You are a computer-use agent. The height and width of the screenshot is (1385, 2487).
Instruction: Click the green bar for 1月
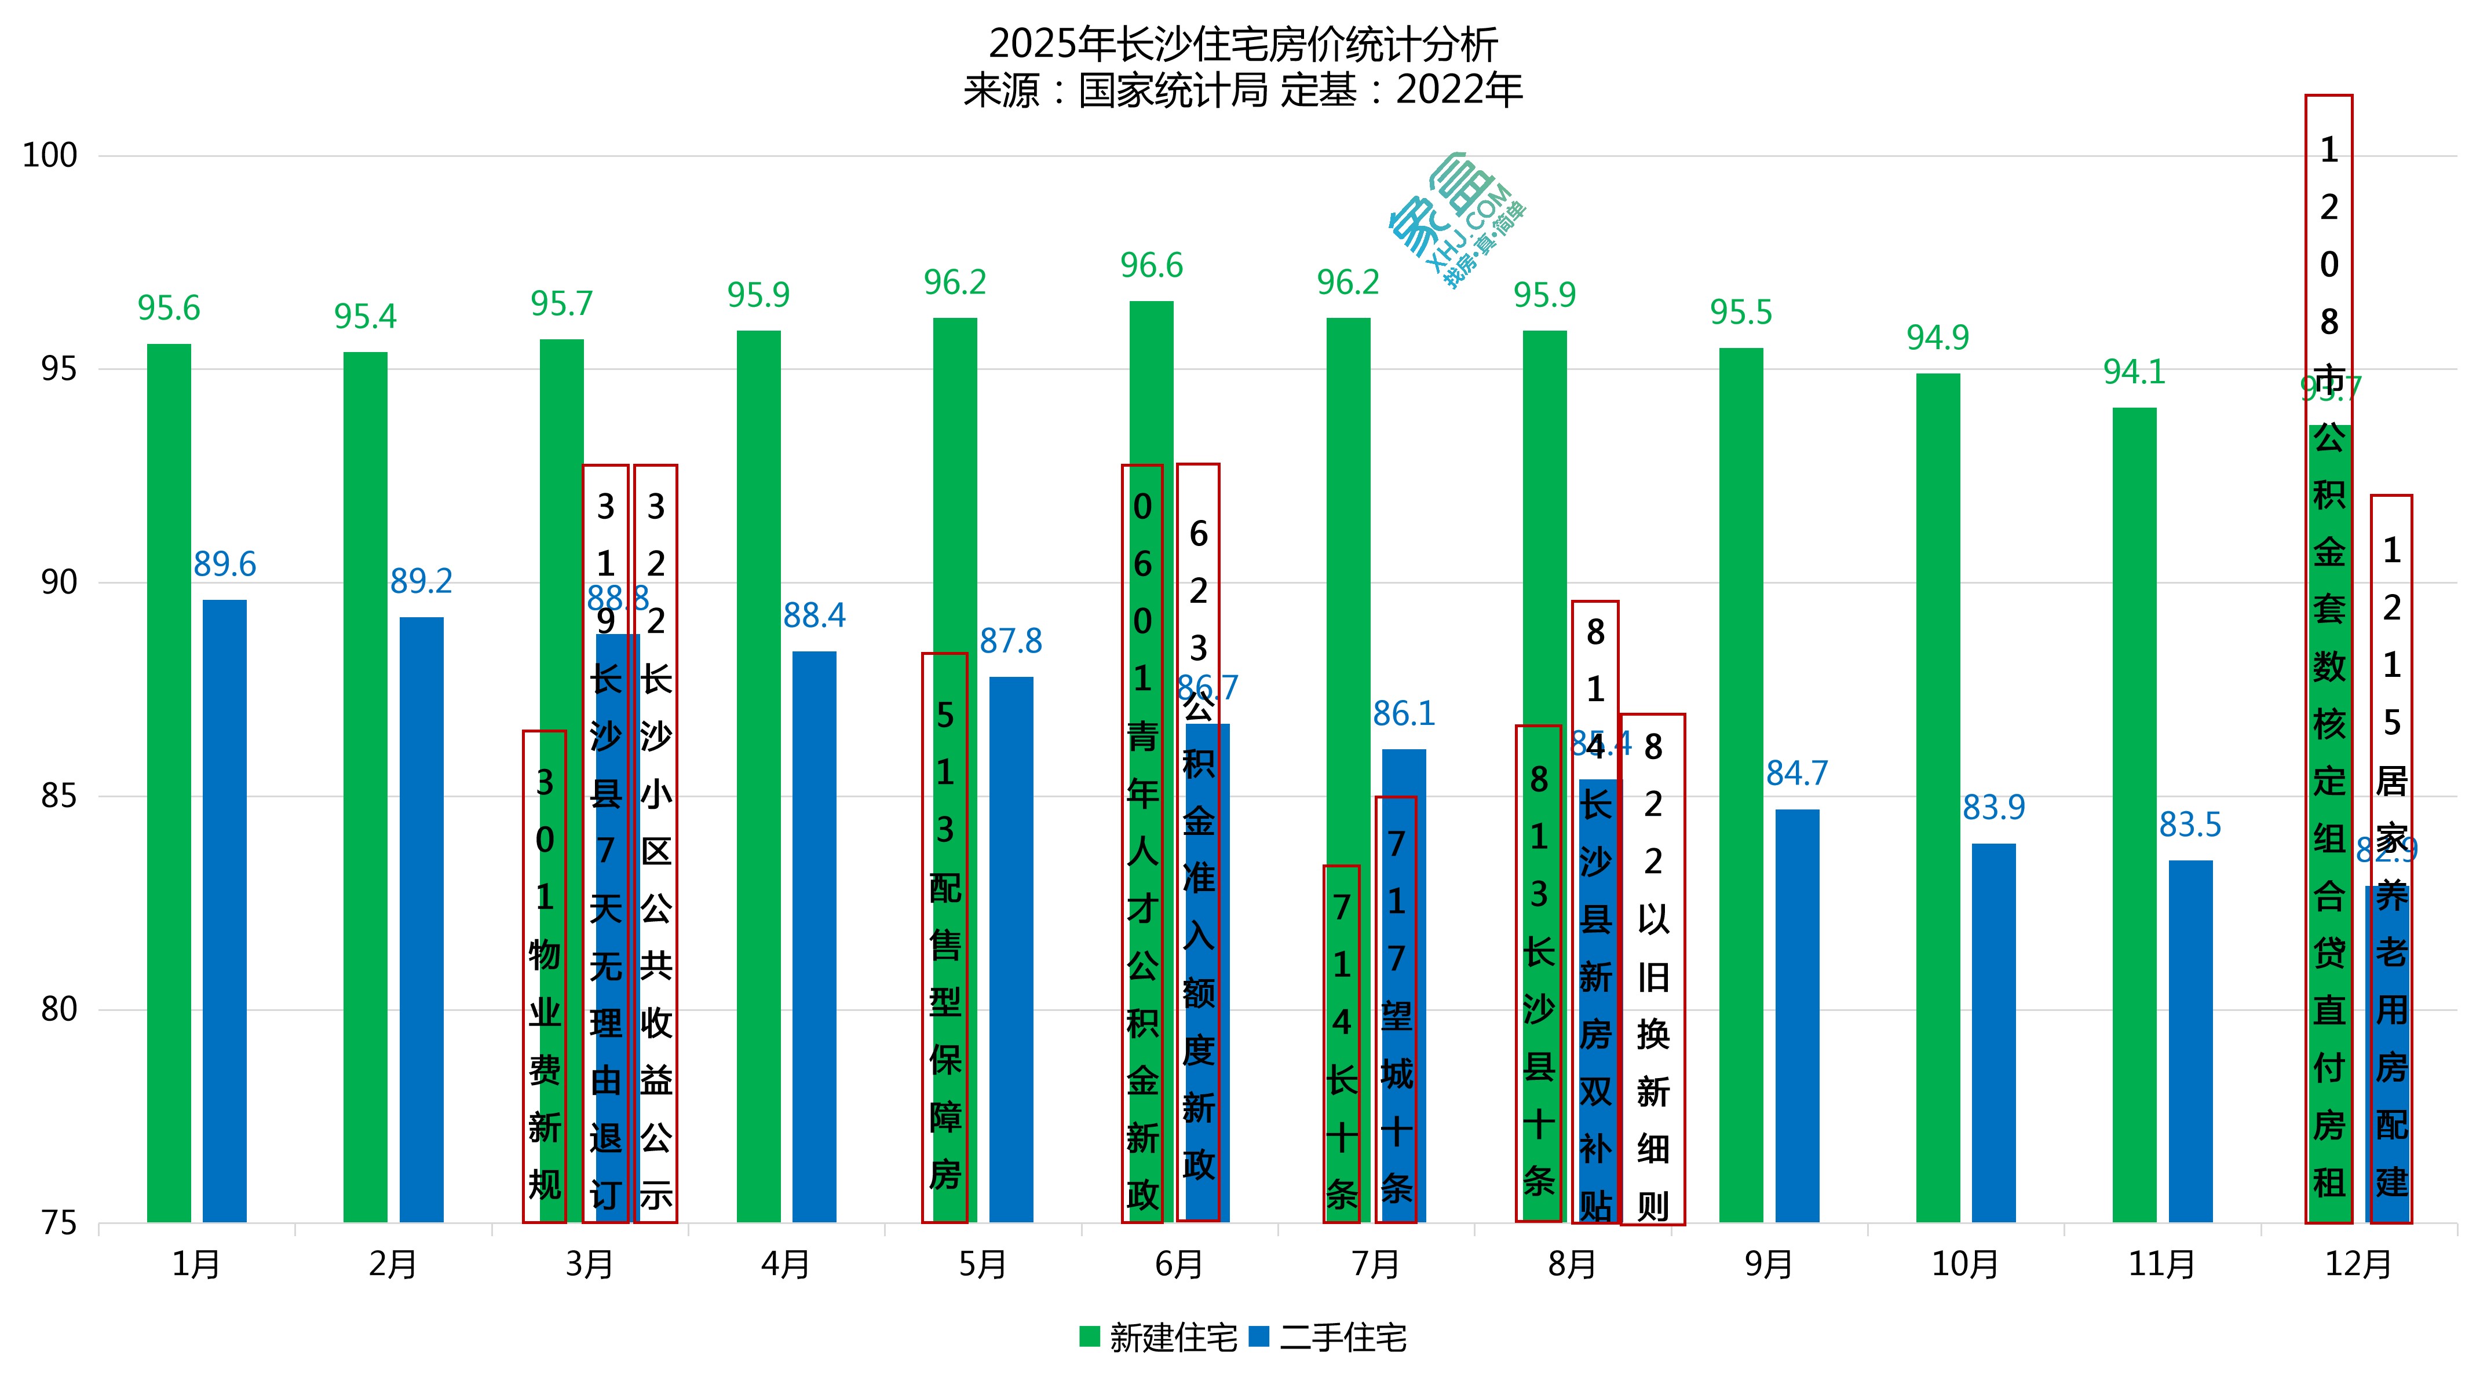coord(169,782)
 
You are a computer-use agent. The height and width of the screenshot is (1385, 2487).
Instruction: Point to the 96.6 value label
coord(1152,265)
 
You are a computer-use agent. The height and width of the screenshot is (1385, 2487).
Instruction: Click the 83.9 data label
coord(1993,808)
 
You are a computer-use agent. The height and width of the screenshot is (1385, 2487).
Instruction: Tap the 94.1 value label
coord(2135,372)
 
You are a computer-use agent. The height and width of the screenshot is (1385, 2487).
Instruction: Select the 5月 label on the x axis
coord(983,1265)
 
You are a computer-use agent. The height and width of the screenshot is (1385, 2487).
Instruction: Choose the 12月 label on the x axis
coord(2358,1265)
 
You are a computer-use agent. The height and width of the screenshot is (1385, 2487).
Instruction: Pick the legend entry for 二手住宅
coord(1330,1338)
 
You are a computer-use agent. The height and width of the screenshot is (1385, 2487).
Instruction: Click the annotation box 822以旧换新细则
coord(1653,969)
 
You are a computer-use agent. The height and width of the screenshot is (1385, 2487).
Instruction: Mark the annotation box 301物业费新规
coord(545,976)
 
